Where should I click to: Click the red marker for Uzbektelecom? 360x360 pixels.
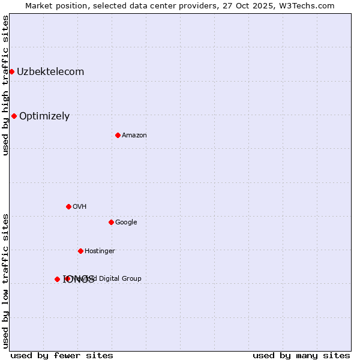(11, 71)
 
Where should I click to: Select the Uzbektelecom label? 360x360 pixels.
(50, 72)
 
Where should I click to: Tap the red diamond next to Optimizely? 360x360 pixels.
(14, 116)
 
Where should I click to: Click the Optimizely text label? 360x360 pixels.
(44, 116)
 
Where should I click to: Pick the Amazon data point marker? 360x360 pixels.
(118, 135)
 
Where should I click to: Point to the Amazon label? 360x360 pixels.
(134, 136)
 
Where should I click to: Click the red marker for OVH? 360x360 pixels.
(68, 206)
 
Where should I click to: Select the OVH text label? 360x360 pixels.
(80, 207)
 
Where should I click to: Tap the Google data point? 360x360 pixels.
(111, 222)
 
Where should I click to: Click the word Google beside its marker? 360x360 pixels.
(126, 223)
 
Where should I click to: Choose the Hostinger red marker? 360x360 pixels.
(80, 251)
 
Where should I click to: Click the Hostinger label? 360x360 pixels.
(100, 251)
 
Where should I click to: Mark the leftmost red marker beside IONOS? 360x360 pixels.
(57, 279)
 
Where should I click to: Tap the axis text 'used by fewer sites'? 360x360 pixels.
(62, 355)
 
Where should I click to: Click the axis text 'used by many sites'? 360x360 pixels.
(301, 355)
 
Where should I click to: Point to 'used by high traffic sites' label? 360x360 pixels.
(5, 85)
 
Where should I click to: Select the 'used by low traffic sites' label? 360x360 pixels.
(5, 281)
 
